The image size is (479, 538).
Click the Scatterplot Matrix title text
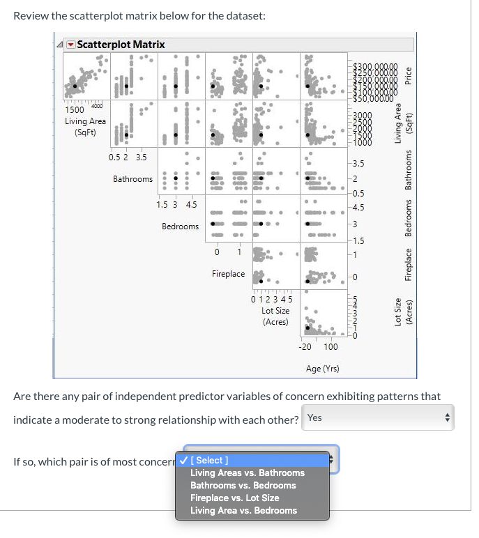point(121,45)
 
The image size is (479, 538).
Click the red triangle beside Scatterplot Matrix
point(70,45)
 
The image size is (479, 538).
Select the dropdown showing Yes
point(379,417)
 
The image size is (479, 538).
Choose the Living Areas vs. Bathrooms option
point(247,472)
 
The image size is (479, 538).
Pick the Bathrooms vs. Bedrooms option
point(243,485)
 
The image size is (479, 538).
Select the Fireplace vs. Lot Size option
point(234,498)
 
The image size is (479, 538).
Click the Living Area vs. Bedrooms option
point(243,510)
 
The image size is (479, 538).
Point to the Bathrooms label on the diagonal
point(132,179)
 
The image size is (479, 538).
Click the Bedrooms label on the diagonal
point(180,226)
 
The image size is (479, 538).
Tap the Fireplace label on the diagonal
point(228,274)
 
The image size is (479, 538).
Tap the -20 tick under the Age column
point(305,346)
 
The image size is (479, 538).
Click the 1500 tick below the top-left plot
point(74,109)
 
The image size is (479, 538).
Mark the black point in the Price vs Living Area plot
point(75,86)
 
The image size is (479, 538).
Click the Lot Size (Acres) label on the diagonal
point(275,316)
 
